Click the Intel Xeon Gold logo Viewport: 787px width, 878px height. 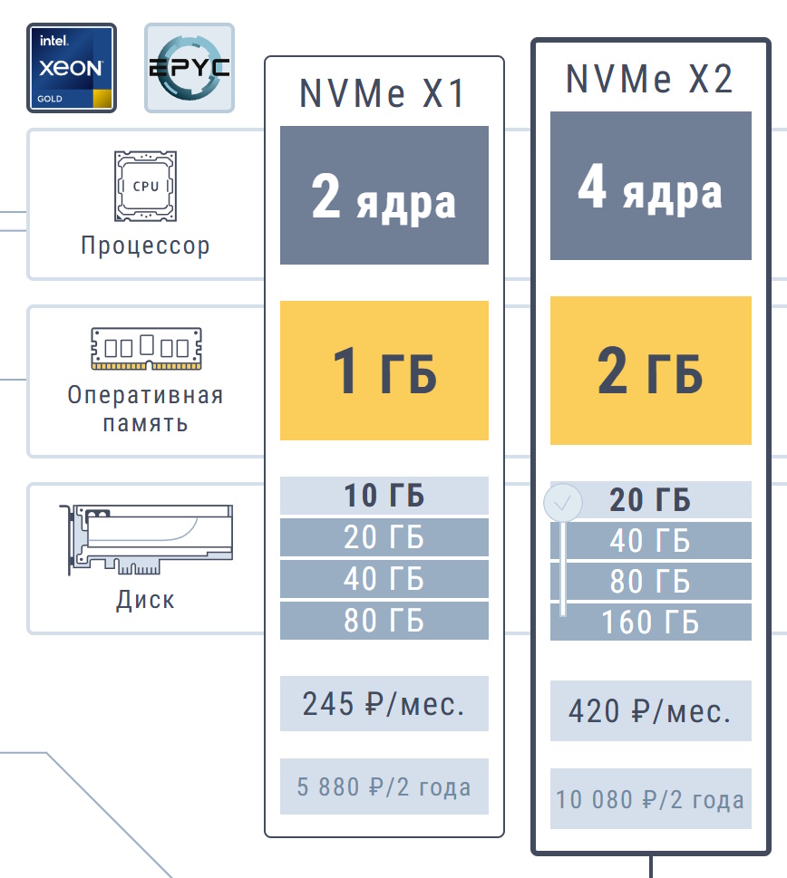pyautogui.click(x=72, y=68)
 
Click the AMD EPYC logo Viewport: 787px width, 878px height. pyautogui.click(x=189, y=68)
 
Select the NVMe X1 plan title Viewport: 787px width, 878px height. pyautogui.click(x=384, y=93)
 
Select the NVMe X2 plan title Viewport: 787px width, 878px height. pyautogui.click(x=650, y=79)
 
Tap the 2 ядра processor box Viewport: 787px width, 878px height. pyautogui.click(x=384, y=196)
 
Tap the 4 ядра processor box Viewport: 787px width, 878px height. pyautogui.click(x=651, y=186)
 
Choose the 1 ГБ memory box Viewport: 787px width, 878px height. pyautogui.click(x=384, y=371)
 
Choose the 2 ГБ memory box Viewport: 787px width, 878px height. pyautogui.click(x=651, y=371)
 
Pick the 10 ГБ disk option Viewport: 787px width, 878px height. pyautogui.click(x=384, y=496)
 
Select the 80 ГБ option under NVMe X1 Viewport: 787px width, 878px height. pyautogui.click(x=384, y=621)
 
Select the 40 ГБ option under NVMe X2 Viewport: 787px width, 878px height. pyautogui.click(x=651, y=541)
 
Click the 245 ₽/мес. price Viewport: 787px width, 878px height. pyautogui.click(x=384, y=704)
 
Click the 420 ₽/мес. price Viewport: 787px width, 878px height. pyautogui.click(x=651, y=711)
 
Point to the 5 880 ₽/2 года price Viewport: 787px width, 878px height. pyautogui.click(x=384, y=786)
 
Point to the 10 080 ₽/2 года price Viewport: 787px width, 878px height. pyautogui.click(x=651, y=799)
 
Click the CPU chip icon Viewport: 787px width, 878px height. pyautogui.click(x=145, y=186)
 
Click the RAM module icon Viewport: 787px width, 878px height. pyautogui.click(x=145, y=348)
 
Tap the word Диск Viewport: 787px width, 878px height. pyautogui.click(x=145, y=600)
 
